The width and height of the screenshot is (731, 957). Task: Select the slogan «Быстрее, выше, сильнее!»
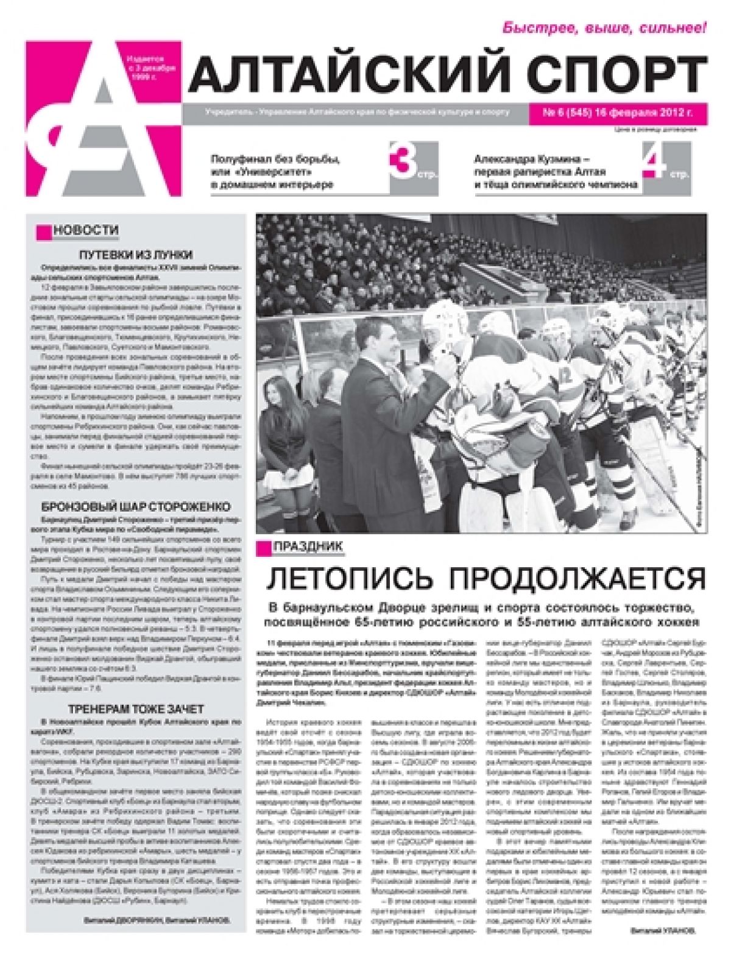pos(604,27)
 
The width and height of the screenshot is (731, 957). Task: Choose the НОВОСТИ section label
pos(85,230)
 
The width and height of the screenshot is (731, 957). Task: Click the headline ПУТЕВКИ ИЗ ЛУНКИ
pos(136,255)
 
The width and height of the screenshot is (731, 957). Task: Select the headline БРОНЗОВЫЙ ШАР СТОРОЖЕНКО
pos(135,507)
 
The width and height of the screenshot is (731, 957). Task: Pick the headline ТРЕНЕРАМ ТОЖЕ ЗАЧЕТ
pos(136,709)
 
